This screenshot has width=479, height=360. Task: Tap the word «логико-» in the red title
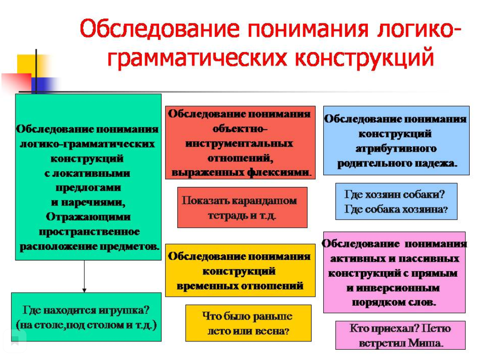point(419,29)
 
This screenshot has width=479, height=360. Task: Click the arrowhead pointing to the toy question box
point(84,290)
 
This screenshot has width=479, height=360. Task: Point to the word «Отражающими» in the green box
point(88,217)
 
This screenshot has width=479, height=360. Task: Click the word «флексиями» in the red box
point(279,173)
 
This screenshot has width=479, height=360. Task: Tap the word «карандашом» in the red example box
point(264,201)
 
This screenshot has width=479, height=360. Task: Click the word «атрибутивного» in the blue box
point(396,149)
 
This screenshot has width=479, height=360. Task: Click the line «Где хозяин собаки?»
point(394,194)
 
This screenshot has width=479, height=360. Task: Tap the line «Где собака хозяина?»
point(396,209)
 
